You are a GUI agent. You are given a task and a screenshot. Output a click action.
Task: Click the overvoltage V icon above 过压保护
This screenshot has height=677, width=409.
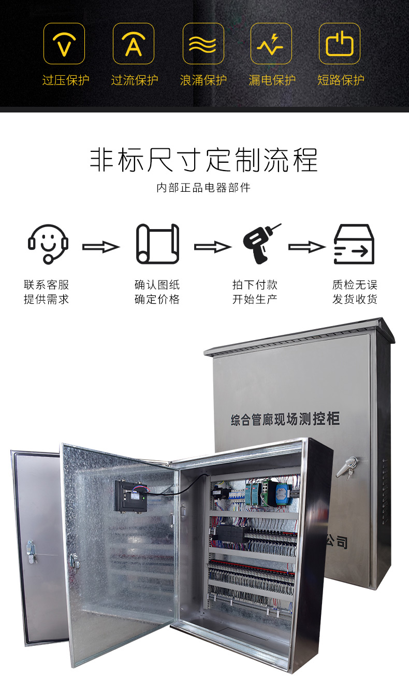64,44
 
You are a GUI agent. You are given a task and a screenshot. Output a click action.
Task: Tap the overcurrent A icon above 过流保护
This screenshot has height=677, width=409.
134,44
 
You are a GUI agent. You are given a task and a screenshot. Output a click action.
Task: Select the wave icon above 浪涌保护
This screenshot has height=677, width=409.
203,44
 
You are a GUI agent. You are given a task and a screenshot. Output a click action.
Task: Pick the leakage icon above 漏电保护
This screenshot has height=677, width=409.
271,44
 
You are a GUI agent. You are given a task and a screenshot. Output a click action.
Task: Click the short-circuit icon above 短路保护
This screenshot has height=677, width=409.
340,44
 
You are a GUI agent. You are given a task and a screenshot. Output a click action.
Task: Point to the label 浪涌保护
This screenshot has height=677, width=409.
203,80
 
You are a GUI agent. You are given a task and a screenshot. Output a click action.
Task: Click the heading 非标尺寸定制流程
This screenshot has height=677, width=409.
204,160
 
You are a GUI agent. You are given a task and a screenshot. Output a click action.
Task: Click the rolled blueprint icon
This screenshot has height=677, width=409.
157,244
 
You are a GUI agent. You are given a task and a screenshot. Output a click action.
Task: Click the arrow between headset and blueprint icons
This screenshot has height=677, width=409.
101,247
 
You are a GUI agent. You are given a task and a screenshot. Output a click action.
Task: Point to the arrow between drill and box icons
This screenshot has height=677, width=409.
307,247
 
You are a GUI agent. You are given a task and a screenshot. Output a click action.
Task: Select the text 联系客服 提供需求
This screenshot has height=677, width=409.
46,292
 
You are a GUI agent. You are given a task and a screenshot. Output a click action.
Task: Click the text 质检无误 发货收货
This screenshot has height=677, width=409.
355,292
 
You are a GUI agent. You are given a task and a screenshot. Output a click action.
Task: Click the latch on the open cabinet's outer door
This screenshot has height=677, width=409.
31,552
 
